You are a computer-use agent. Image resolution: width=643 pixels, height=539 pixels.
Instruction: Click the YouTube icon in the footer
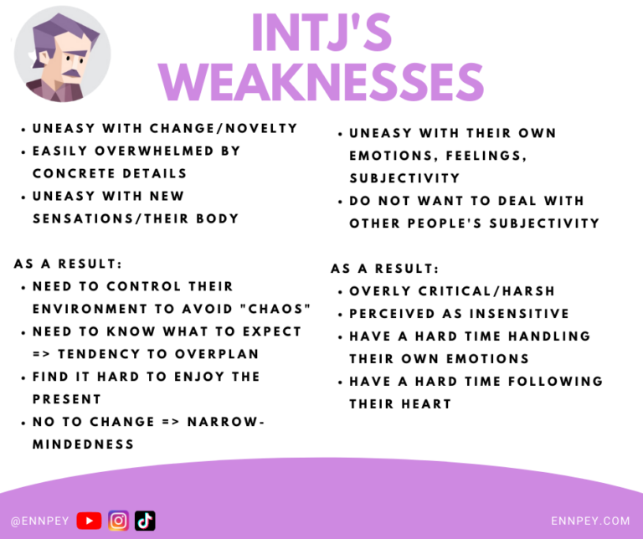pos(89,521)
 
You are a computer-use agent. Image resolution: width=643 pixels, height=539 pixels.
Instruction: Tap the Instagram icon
pos(119,521)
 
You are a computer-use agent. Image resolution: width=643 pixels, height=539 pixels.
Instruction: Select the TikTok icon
pos(145,521)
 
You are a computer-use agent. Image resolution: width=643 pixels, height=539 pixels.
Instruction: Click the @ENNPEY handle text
pos(40,521)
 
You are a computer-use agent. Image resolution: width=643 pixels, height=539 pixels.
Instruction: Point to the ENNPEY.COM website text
pos(590,521)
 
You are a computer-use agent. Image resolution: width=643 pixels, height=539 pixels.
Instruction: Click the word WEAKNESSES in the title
pos(321,82)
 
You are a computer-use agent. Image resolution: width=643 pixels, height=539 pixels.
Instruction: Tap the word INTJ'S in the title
pos(321,33)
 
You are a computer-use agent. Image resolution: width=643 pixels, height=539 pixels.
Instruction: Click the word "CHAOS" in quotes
pos(274,308)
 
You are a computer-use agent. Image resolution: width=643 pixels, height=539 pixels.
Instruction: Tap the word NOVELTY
pos(261,128)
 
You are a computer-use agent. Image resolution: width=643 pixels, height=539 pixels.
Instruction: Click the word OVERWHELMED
pos(154,151)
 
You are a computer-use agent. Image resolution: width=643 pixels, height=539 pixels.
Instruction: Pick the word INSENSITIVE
pos(519,314)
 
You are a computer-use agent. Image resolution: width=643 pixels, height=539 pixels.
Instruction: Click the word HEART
pos(426,403)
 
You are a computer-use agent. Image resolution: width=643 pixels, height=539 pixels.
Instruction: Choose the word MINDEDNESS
pos(83,444)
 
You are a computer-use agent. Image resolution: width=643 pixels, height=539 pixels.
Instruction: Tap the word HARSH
pos(528,291)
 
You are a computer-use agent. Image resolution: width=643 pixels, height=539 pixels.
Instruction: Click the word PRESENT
pos(67,399)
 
